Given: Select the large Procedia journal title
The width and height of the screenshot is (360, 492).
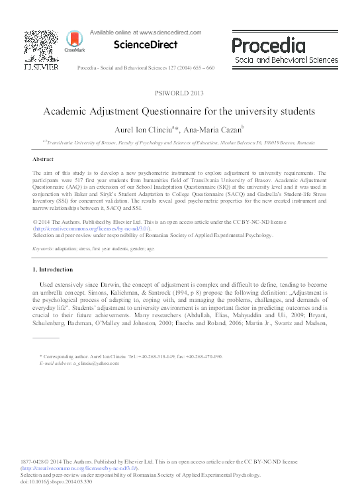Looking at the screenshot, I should [268, 45].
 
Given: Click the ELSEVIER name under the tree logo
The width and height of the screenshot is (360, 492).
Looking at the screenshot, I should [42, 68].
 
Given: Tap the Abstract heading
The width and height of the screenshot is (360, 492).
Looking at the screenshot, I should [43, 160].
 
